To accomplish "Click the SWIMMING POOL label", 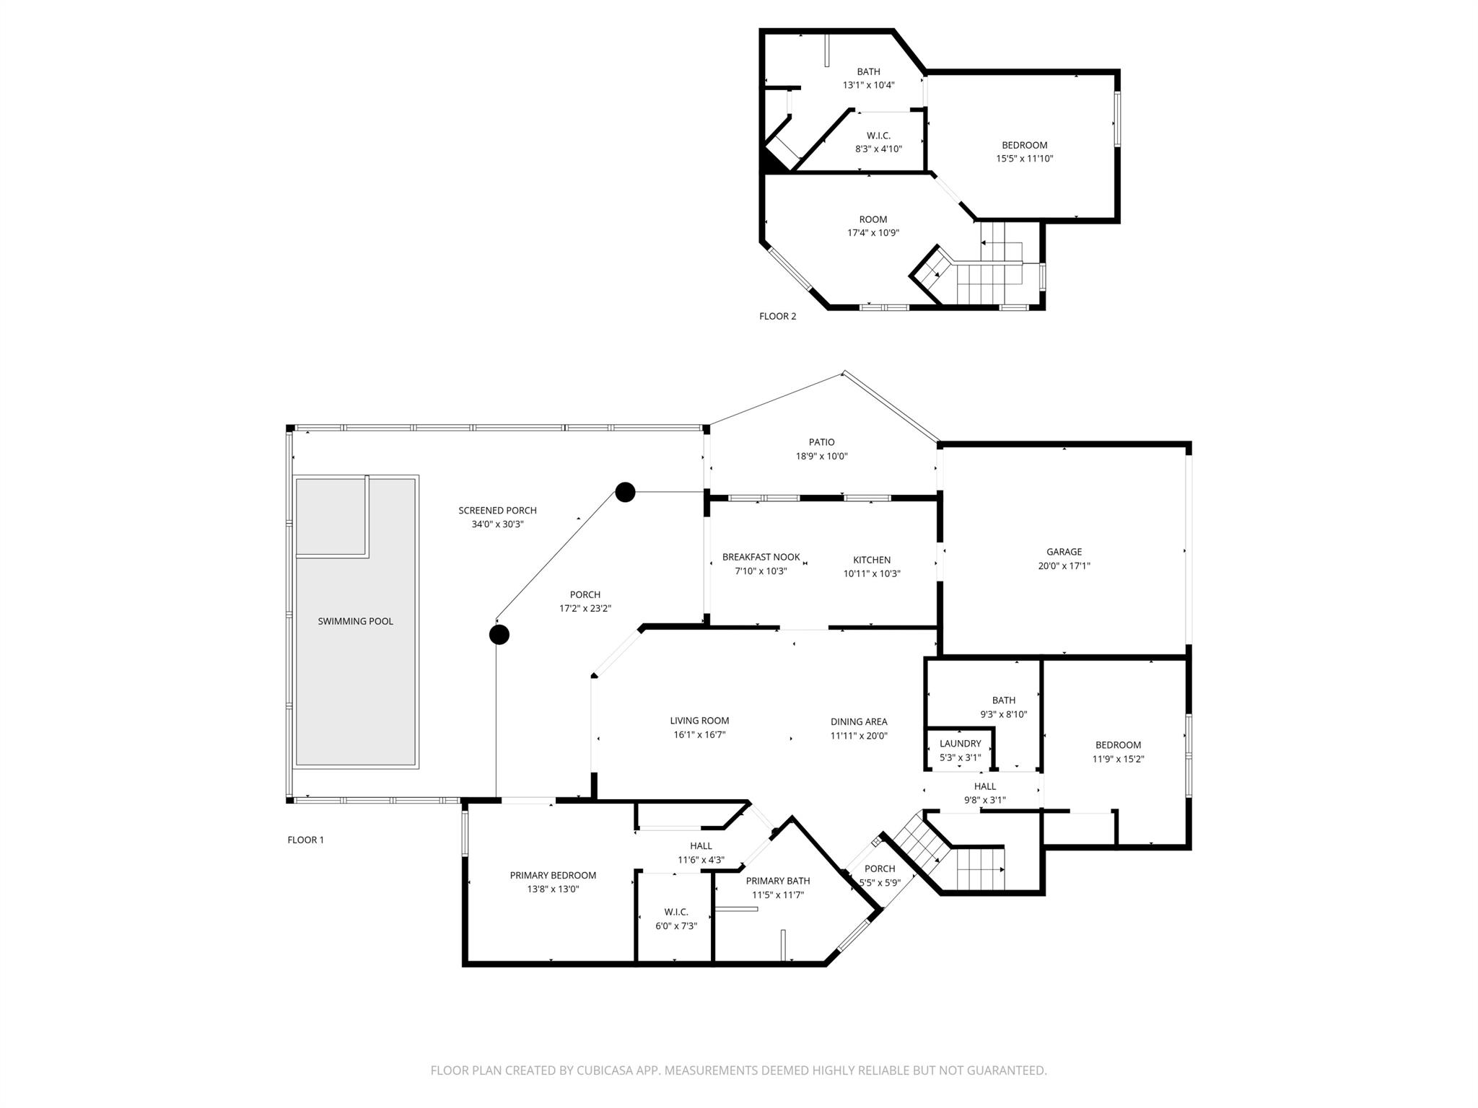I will (x=355, y=621).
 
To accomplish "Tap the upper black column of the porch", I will (x=625, y=492).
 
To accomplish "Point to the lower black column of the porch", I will (x=499, y=635).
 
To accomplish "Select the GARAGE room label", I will (x=1064, y=552).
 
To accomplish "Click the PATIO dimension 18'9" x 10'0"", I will (x=821, y=456).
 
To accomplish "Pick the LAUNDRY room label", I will (x=960, y=744).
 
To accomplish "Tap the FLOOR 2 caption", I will (x=777, y=316).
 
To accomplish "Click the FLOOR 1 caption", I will (x=305, y=840).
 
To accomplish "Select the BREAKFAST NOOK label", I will (x=761, y=557).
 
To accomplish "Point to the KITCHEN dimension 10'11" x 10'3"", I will (x=872, y=573).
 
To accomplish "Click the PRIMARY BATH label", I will (x=777, y=881).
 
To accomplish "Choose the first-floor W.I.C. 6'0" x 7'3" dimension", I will (x=675, y=925).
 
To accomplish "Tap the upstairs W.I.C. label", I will (x=878, y=136).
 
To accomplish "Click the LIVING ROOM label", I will (x=699, y=721).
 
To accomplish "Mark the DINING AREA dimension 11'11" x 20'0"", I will (x=858, y=736).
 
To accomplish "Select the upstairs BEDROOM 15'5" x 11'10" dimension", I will (x=1024, y=159).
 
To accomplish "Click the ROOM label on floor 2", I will (x=873, y=219).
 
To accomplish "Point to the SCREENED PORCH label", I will (x=497, y=511).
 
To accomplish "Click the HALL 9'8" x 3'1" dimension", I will (x=984, y=800).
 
